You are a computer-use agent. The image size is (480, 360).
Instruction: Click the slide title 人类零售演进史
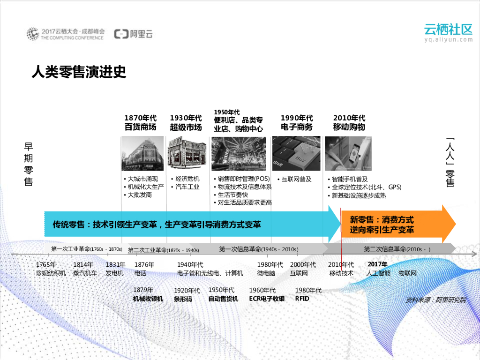click(x=78, y=72)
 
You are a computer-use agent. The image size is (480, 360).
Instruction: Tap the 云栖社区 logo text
click(x=448, y=30)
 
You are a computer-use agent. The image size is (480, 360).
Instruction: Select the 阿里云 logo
click(x=134, y=34)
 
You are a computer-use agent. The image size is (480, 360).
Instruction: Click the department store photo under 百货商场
click(x=142, y=153)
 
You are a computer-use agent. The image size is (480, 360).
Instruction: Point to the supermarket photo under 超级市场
click(x=187, y=153)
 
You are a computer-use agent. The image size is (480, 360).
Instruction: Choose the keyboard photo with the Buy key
click(x=296, y=153)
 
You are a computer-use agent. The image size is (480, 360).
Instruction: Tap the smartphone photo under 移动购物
click(x=348, y=153)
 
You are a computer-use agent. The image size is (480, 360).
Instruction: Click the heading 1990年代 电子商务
click(x=297, y=123)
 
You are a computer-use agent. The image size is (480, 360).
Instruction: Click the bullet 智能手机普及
click(x=350, y=179)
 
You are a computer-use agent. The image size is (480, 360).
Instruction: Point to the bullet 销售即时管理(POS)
click(x=244, y=179)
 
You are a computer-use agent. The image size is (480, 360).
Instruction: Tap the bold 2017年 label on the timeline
click(x=377, y=264)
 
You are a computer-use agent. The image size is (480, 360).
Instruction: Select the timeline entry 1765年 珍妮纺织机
click(x=51, y=269)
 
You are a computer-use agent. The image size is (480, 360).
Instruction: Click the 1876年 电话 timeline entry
click(x=144, y=269)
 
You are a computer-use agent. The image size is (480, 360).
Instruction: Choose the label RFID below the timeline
click(x=302, y=299)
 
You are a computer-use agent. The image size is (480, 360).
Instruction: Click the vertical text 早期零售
click(x=29, y=164)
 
